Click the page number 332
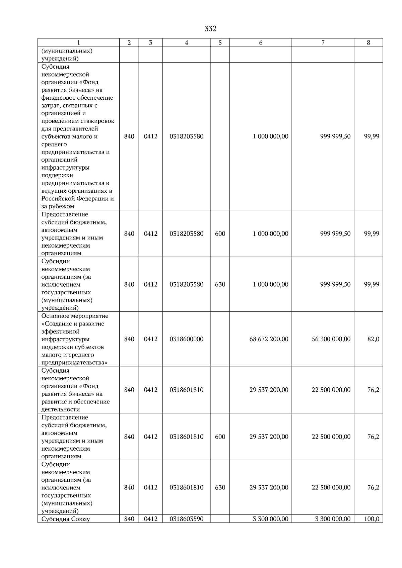pos(210,29)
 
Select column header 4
pos(186,42)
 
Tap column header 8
pos(368,42)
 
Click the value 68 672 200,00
pos(269,339)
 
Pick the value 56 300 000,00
pos(331,339)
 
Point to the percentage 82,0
pos(373,339)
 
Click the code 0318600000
pos(186,339)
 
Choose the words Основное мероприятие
pos(75,316)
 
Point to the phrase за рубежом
pos(58,206)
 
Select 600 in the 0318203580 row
pos(220,233)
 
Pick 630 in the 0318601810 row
pos(220,487)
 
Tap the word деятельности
pos(60,409)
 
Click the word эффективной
pos(60,332)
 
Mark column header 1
pos(78,42)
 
